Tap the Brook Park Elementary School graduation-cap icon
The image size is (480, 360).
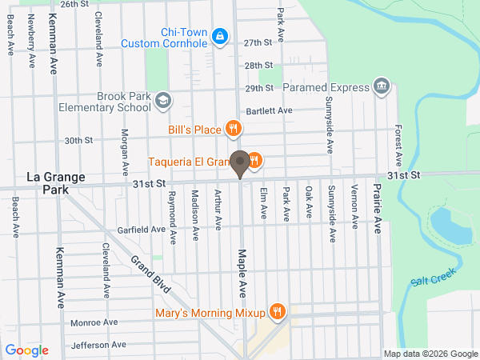(x=163, y=101)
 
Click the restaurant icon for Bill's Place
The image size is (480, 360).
(x=233, y=128)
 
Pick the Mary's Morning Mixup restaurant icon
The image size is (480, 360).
(x=278, y=311)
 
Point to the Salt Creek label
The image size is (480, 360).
(x=433, y=277)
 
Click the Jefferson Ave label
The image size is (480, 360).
(x=98, y=345)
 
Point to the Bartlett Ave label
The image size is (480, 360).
(x=270, y=110)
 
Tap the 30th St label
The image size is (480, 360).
(x=79, y=140)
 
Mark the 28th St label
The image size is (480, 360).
(x=259, y=65)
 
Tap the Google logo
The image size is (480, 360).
(x=27, y=350)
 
